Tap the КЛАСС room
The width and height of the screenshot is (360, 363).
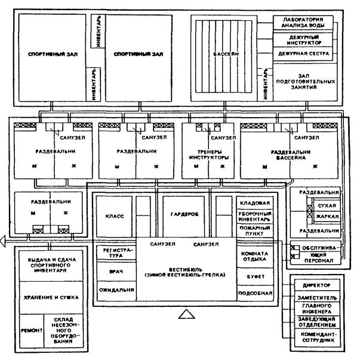[x=113, y=217]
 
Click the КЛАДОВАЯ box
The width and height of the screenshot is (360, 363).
[x=255, y=203]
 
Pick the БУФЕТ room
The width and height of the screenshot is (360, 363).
[x=255, y=277]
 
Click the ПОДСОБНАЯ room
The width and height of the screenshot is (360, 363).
[x=255, y=293]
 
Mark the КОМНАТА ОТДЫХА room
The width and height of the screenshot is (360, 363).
[x=255, y=256]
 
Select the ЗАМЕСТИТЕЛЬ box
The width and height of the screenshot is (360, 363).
[x=321, y=297]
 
